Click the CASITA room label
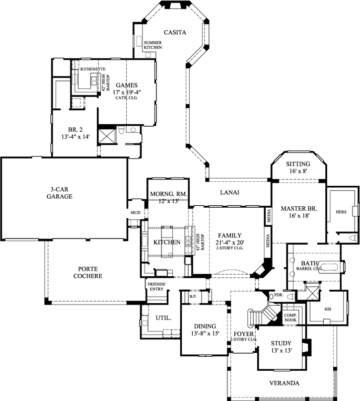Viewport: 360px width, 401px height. (175, 32)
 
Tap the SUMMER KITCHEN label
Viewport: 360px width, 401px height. (153, 45)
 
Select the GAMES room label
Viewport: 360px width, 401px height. (127, 85)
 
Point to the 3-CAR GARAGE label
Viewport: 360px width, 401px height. (60, 193)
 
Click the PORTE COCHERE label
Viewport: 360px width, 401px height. (87, 272)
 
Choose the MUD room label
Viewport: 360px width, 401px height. (136, 213)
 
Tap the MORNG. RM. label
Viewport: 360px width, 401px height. (169, 194)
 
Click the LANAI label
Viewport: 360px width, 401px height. (230, 192)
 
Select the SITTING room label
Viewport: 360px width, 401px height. (298, 164)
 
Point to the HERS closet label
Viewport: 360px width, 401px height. (341, 212)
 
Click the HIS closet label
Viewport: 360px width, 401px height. (328, 309)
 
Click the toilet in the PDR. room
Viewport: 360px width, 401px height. (291, 297)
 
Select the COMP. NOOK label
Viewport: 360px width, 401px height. (290, 318)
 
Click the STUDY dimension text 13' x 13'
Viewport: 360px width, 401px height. (282, 350)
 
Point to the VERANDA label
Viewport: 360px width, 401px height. (285, 383)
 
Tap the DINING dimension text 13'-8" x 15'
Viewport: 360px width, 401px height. (205, 333)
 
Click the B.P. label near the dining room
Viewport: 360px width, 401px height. (193, 297)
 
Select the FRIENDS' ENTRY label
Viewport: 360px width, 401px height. (156, 287)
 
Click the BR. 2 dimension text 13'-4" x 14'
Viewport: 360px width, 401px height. (75, 137)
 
